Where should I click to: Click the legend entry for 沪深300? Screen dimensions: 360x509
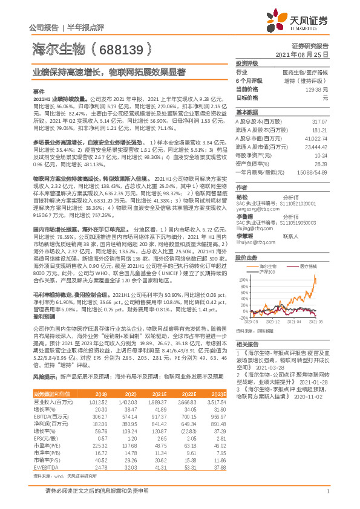coord(266,256)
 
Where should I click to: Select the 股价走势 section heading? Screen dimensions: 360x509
coord(246,240)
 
